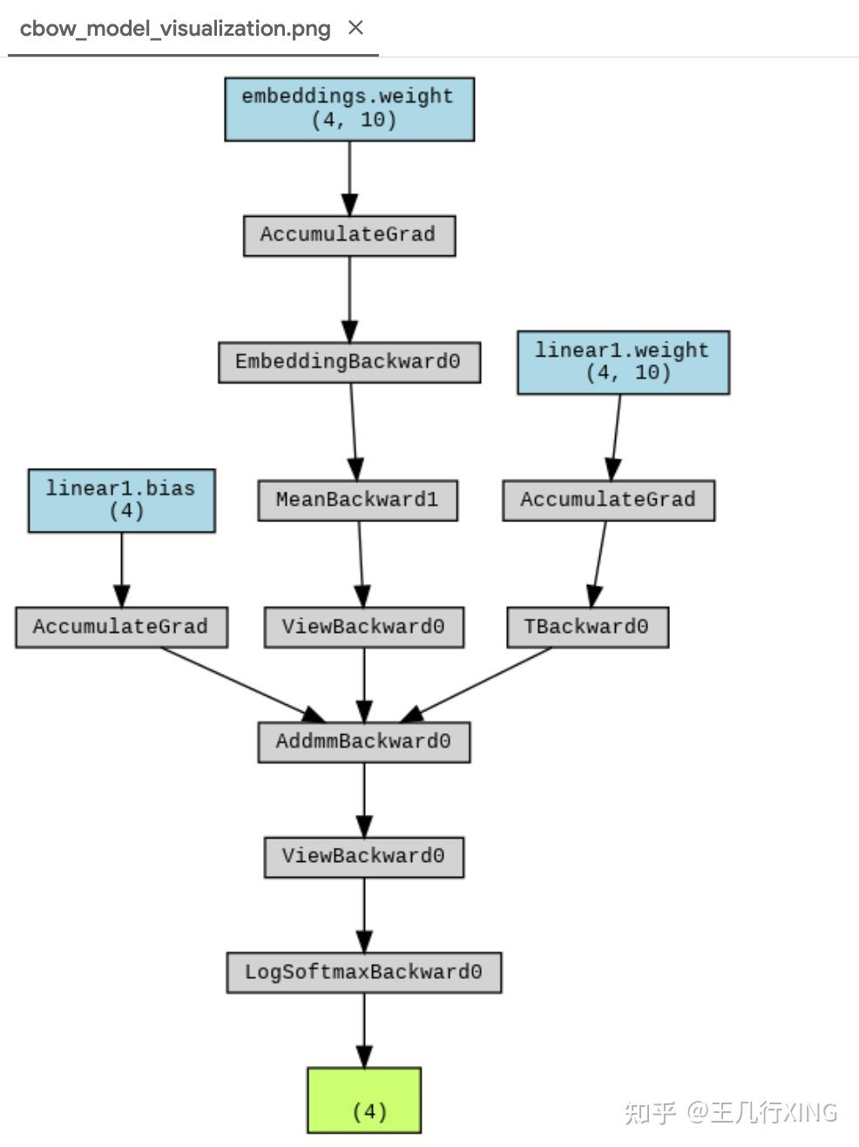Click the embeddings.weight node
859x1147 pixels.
click(348, 109)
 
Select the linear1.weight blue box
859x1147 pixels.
click(622, 363)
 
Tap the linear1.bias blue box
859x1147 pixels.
click(121, 500)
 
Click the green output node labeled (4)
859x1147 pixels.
click(364, 1100)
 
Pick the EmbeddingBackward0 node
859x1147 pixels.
click(348, 362)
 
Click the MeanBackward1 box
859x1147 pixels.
click(357, 500)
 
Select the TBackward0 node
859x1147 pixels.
click(587, 627)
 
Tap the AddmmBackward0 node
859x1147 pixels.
click(363, 742)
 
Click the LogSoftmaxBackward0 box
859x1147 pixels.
click(363, 972)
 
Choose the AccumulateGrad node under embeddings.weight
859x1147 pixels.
click(348, 235)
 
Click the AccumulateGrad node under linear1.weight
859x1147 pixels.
click(608, 500)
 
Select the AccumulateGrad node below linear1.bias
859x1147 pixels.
click(121, 627)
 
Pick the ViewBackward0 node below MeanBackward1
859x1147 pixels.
click(363, 627)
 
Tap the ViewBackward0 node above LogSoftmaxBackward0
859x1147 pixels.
click(363, 857)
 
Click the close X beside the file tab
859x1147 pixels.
click(355, 28)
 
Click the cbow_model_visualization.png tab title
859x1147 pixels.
click(175, 29)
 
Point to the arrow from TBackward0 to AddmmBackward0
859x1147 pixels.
click(479, 684)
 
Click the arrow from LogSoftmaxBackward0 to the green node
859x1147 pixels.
click(364, 1028)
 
